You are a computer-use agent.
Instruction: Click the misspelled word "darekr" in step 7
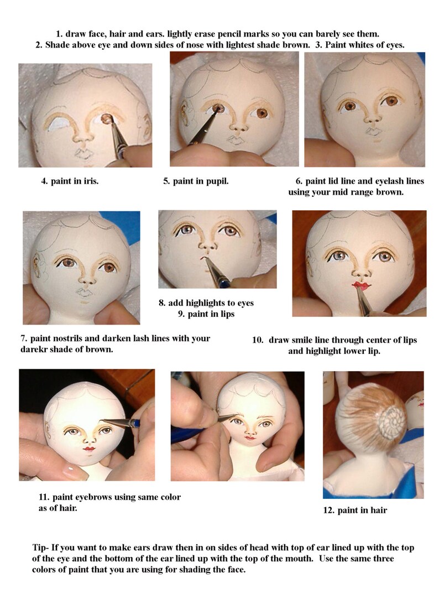click(x=33, y=350)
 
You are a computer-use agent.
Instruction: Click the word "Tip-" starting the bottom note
click(x=41, y=548)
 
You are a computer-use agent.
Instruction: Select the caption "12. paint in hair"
click(x=354, y=511)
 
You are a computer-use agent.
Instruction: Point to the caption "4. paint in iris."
click(x=70, y=181)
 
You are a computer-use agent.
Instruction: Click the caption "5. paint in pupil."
click(x=196, y=181)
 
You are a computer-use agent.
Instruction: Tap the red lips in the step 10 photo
click(x=361, y=285)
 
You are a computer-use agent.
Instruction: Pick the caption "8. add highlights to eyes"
click(x=206, y=303)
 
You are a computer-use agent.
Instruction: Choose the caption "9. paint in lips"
click(x=206, y=314)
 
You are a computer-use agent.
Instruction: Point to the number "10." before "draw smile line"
click(x=258, y=340)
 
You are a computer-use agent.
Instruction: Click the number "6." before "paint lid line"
click(x=299, y=181)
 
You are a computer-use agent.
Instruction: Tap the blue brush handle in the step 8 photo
click(x=223, y=283)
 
